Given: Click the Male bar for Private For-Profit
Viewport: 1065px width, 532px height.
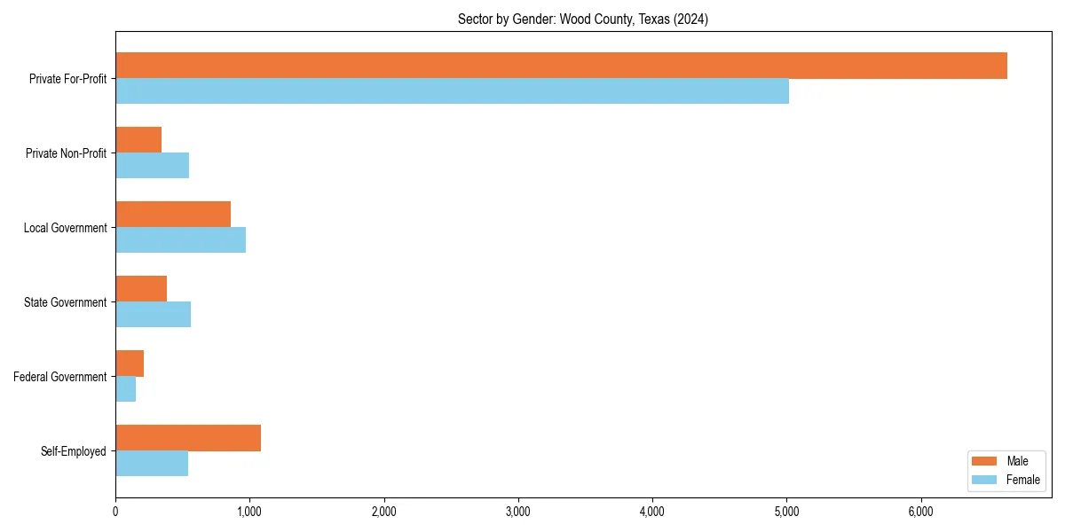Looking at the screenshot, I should click(x=561, y=66).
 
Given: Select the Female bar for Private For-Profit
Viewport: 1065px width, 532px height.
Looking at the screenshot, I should click(x=452, y=91).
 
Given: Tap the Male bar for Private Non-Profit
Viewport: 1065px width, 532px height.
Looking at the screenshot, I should click(x=138, y=140).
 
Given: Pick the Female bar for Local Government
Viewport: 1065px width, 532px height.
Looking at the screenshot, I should click(x=180, y=240).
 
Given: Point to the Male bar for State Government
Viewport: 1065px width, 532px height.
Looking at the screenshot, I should click(x=141, y=289).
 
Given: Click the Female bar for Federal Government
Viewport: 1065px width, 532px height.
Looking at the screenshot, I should click(x=125, y=389).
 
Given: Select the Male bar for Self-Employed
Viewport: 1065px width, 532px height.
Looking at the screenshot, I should click(x=188, y=438).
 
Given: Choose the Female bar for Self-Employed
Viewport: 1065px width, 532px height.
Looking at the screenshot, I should click(x=152, y=464).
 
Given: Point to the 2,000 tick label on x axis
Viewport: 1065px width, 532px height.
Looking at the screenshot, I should click(x=383, y=512).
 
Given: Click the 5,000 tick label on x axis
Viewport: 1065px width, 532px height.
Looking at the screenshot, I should click(x=786, y=512).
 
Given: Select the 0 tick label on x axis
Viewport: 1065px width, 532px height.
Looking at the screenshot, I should click(x=115, y=512).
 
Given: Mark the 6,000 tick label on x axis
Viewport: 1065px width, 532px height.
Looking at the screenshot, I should click(x=920, y=512).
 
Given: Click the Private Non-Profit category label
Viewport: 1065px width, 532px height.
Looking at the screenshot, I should click(x=66, y=153).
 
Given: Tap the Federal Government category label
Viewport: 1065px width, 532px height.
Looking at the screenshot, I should click(x=60, y=377).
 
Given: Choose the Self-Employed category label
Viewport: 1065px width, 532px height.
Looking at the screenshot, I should click(x=74, y=451).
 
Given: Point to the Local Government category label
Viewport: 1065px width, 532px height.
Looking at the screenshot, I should click(x=65, y=228).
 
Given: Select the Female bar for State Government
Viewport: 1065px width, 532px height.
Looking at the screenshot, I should click(x=153, y=315).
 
